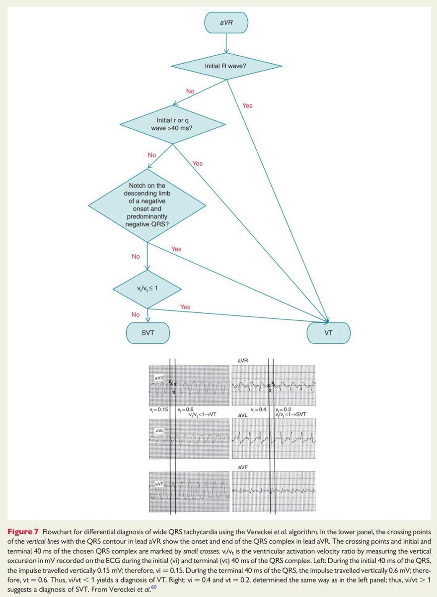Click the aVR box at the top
pos(226,23)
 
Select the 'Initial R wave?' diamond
pos(227,66)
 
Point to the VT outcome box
pos(328,333)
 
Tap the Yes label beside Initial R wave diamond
pos(247,105)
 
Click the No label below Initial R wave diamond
pos(190,92)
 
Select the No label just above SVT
pos(136,314)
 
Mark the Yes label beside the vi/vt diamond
pos(185,307)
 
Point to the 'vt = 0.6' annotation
pos(187,409)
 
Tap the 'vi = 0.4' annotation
pos(260,409)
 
